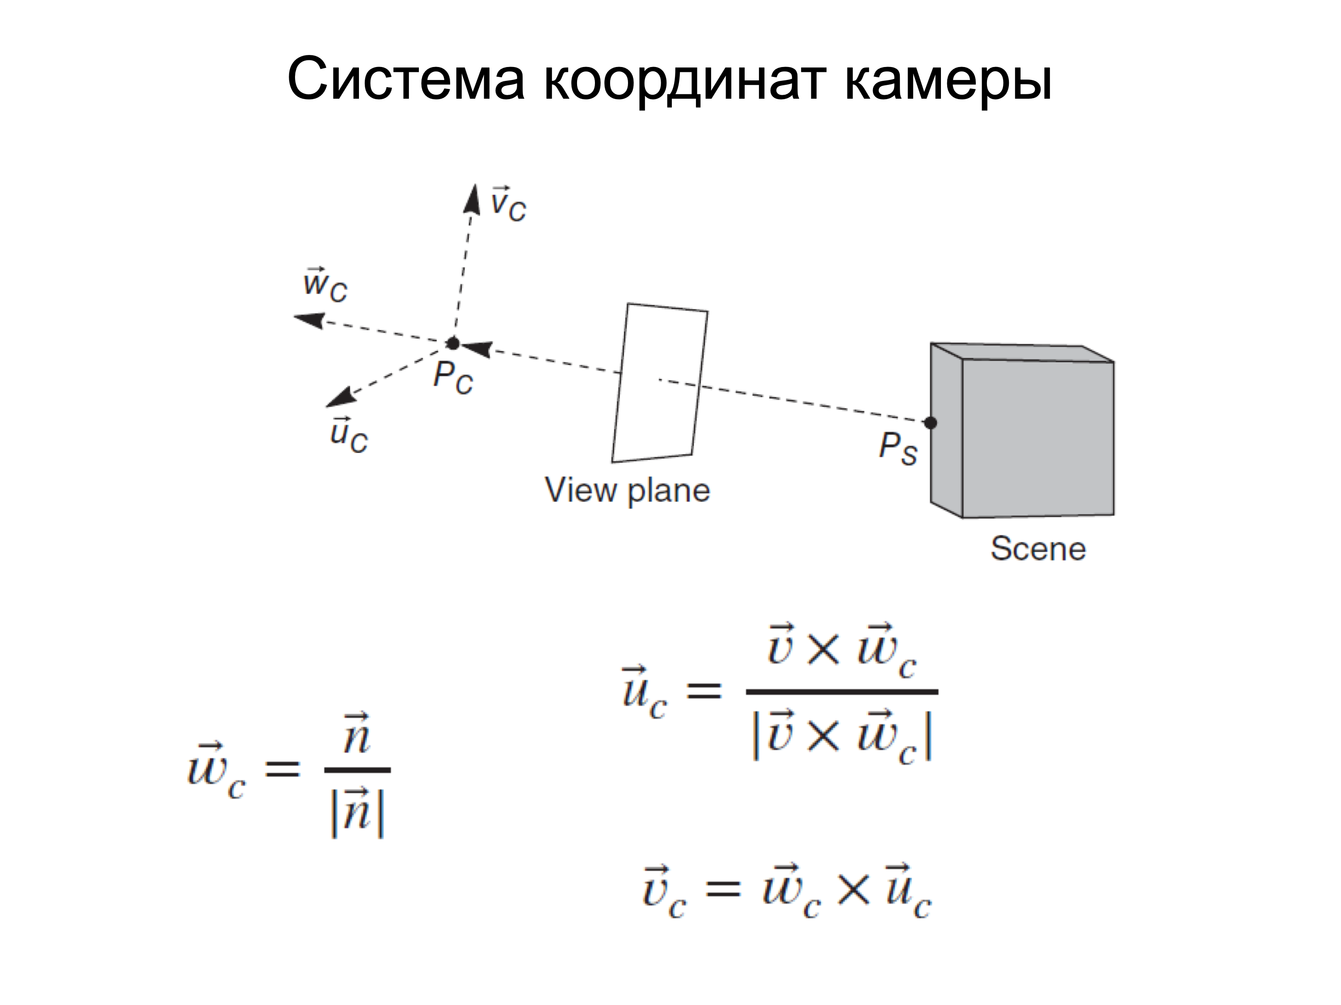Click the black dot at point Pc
[453, 343]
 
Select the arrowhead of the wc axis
[309, 320]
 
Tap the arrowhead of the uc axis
[342, 398]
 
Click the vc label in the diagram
[509, 204]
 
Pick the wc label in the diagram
[325, 284]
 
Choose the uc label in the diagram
[349, 435]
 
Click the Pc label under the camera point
[453, 377]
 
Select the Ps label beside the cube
[898, 448]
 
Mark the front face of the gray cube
[1038, 439]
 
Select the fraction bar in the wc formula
[357, 770]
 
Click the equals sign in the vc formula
[723, 889]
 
